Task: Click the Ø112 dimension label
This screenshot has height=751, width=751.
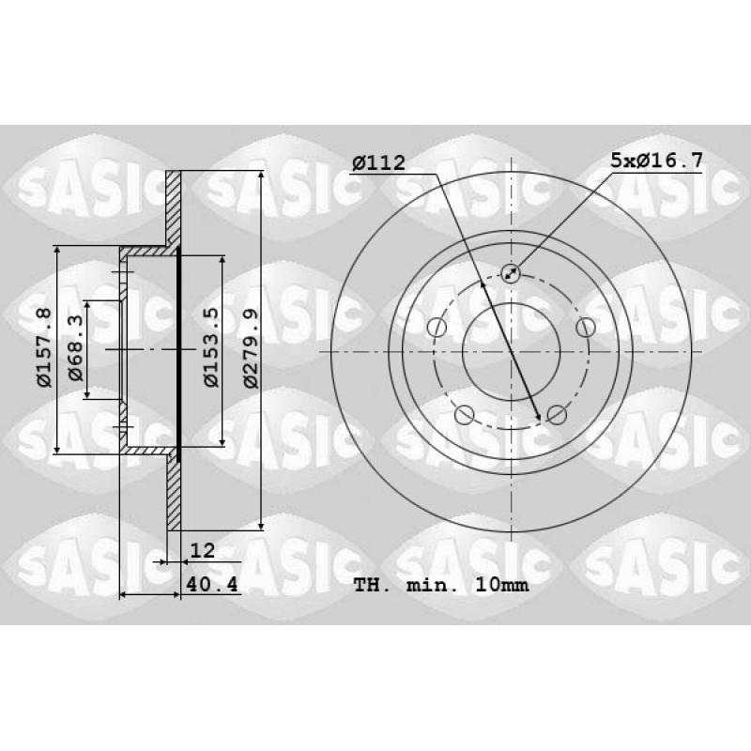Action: click(x=378, y=162)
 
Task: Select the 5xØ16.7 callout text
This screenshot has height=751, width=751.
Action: click(x=656, y=160)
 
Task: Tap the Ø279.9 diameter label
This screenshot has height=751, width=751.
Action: click(x=251, y=348)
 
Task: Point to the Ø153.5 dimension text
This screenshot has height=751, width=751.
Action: click(x=210, y=347)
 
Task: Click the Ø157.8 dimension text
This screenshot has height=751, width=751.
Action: click(x=43, y=348)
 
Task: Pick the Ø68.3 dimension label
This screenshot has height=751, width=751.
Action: click(x=76, y=347)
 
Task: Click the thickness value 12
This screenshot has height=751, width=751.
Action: click(x=203, y=550)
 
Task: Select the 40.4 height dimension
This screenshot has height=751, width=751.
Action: click(x=212, y=584)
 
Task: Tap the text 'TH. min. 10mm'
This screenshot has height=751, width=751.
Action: click(x=441, y=585)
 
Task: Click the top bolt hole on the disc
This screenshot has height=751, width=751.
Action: click(x=511, y=273)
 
